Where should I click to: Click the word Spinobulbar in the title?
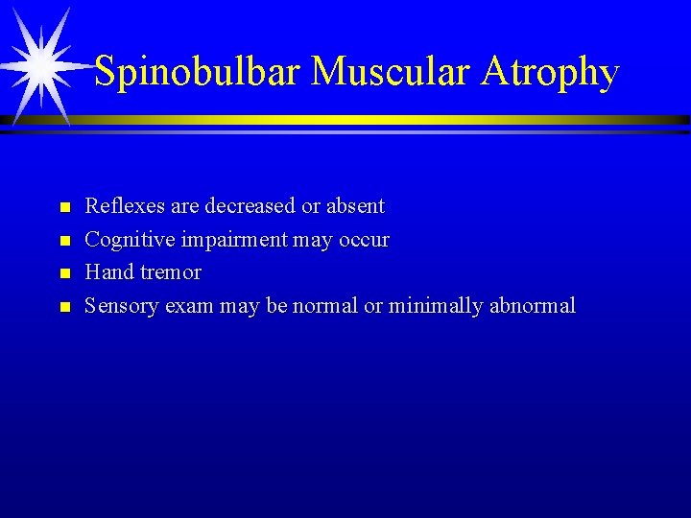198,72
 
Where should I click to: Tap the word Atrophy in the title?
551,72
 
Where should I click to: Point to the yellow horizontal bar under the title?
384,120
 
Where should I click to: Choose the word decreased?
250,206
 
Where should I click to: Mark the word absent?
355,206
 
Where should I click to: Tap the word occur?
364,240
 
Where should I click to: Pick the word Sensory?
122,306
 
